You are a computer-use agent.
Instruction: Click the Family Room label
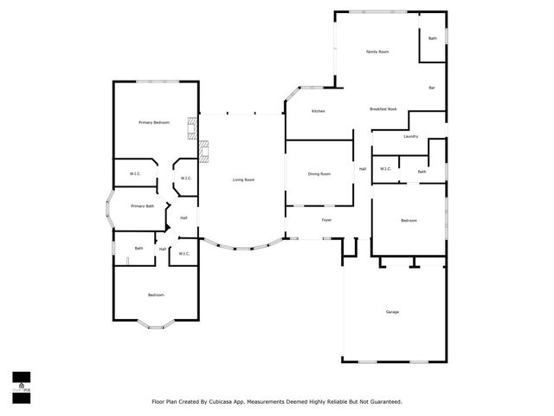pyautogui.click(x=377, y=52)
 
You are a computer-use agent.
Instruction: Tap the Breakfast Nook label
pyautogui.click(x=383, y=110)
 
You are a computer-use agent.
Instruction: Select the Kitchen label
pyautogui.click(x=318, y=112)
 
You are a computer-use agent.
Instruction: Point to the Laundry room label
pyautogui.click(x=410, y=136)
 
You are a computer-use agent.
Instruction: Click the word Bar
pyautogui.click(x=431, y=88)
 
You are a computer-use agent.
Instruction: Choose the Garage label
pyautogui.click(x=392, y=312)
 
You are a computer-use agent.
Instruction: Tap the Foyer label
pyautogui.click(x=326, y=220)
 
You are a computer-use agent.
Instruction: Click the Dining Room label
pyautogui.click(x=319, y=174)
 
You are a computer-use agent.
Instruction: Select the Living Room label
pyautogui.click(x=243, y=179)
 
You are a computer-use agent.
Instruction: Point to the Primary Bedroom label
pyautogui.click(x=154, y=123)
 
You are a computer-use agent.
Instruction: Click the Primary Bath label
pyautogui.click(x=143, y=206)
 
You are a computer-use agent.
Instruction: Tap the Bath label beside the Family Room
pyautogui.click(x=433, y=39)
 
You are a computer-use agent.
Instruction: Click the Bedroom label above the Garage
pyautogui.click(x=409, y=221)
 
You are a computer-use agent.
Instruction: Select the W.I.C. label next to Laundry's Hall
pyautogui.click(x=385, y=169)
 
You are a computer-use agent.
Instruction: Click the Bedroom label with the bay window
pyautogui.click(x=156, y=296)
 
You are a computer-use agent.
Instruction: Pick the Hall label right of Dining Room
pyautogui.click(x=363, y=169)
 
